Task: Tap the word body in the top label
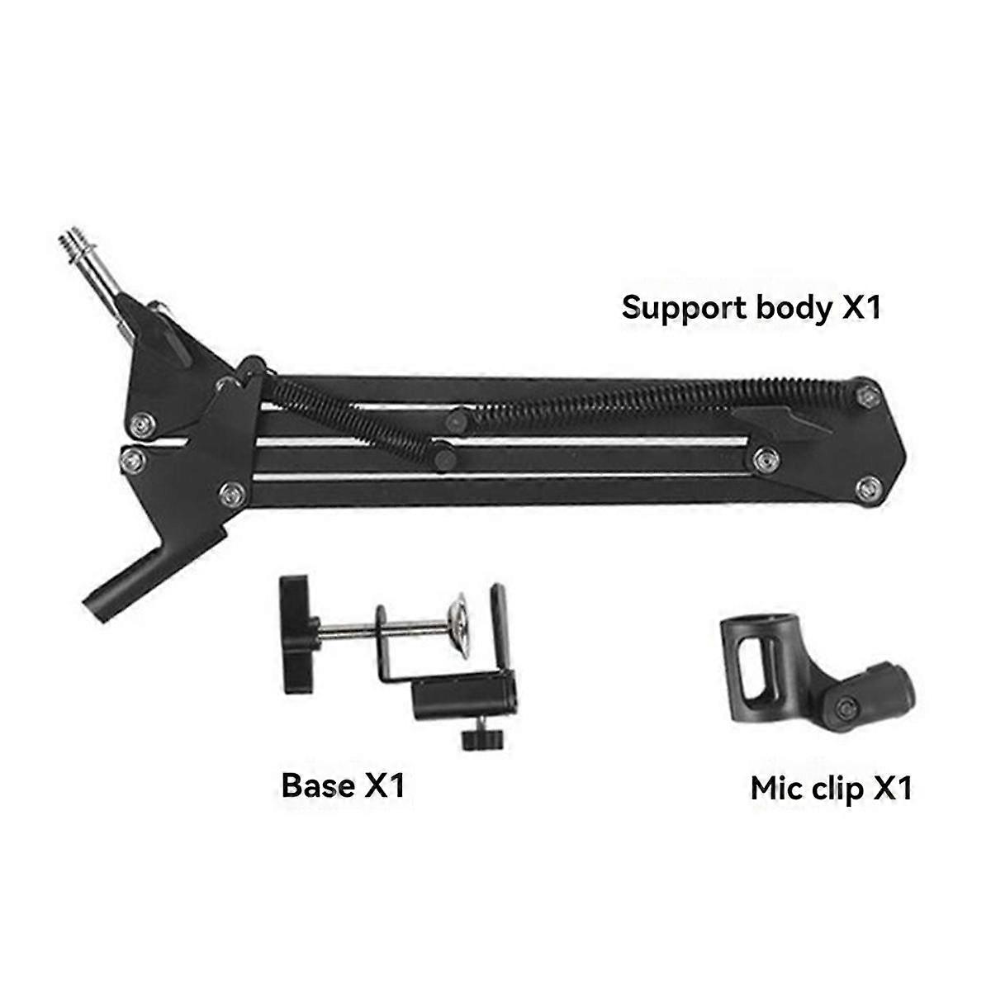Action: tap(794, 308)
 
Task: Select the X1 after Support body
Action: tap(862, 308)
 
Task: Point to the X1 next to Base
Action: tap(385, 785)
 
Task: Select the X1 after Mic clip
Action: tap(893, 788)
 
